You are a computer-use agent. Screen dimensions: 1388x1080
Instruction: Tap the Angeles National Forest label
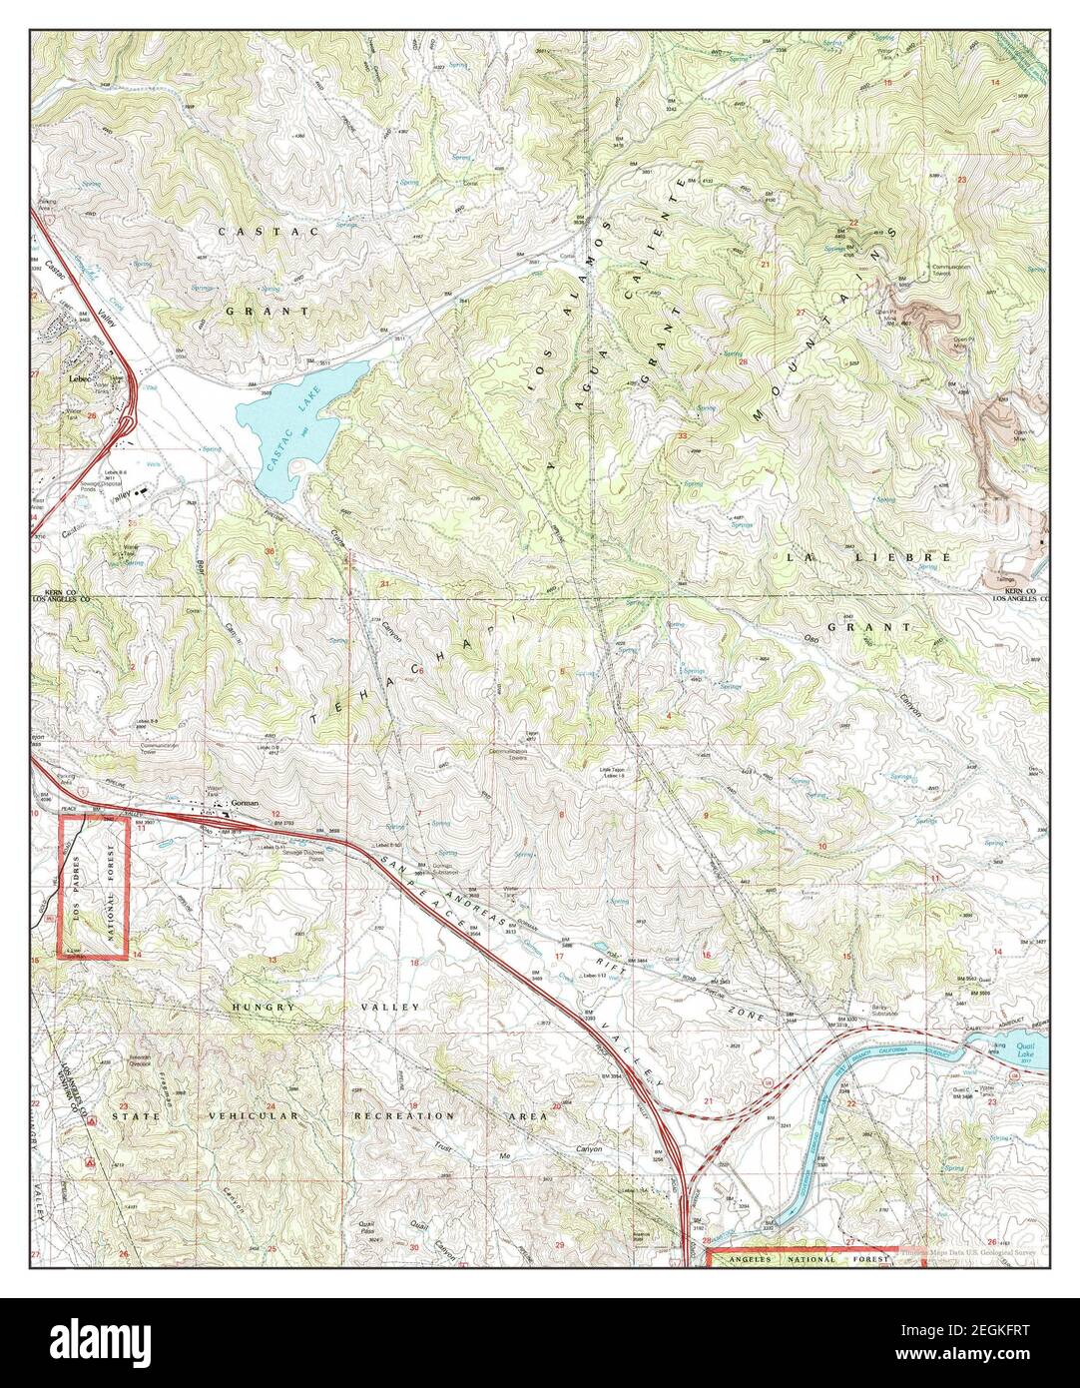click(x=816, y=1262)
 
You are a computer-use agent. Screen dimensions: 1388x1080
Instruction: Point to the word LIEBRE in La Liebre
click(x=915, y=555)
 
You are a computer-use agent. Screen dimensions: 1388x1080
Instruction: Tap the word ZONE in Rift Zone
click(x=761, y=1014)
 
